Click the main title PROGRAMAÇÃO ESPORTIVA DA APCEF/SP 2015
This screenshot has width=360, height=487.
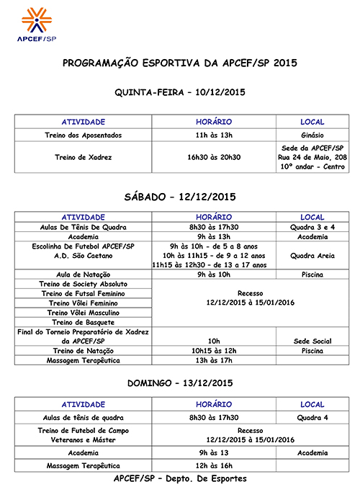180,63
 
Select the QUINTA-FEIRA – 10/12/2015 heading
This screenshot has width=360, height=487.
180,92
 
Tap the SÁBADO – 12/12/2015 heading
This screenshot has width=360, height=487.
180,197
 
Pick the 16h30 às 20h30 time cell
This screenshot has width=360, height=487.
214,157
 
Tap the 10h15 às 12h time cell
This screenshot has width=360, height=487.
214,350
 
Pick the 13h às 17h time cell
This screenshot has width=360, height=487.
214,360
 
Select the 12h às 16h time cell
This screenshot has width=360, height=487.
214,466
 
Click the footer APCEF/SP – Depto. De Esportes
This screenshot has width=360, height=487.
180,479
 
